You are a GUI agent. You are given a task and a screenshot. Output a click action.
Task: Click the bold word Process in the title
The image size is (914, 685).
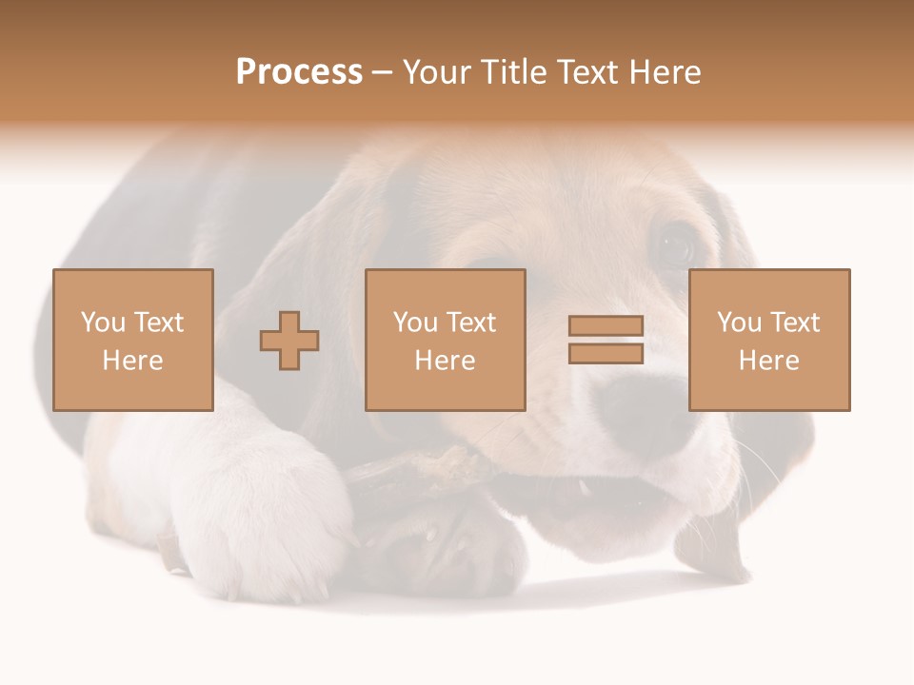[299, 72]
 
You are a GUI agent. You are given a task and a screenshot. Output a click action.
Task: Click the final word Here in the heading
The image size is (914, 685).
[665, 72]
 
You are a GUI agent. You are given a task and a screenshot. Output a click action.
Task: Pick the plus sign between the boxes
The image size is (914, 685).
[289, 340]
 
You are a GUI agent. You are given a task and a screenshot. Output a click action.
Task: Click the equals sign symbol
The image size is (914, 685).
[606, 340]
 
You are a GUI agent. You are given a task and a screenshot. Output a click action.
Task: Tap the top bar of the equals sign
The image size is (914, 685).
[606, 326]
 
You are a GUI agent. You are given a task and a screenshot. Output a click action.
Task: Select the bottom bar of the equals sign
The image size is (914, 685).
[606, 354]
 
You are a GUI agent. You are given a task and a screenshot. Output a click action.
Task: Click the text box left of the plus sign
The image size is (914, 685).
[132, 340]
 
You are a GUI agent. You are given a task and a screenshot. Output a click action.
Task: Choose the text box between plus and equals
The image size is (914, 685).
[445, 340]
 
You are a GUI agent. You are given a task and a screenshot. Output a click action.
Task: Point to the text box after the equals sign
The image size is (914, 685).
[768, 340]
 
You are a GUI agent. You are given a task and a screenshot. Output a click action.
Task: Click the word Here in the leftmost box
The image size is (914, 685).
[132, 361]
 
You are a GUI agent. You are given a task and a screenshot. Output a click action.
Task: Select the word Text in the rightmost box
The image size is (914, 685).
[794, 323]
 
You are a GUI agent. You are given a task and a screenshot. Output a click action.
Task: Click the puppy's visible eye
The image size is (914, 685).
[677, 245]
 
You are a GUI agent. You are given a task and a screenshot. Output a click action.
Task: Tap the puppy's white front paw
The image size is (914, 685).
[257, 514]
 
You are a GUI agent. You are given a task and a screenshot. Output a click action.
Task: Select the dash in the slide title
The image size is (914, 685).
[383, 72]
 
